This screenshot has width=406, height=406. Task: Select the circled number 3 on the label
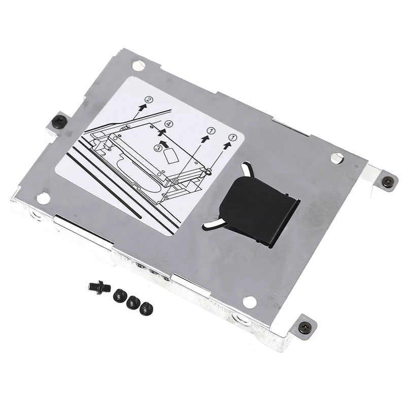point(158,148)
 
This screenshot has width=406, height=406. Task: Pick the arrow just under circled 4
point(162,132)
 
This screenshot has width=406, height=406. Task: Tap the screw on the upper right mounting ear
point(388,182)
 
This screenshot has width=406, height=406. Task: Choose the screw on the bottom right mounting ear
point(305,327)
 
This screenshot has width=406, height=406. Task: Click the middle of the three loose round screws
point(133,302)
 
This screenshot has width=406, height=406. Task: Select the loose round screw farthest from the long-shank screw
point(146,308)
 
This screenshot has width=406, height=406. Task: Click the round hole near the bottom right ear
point(250,302)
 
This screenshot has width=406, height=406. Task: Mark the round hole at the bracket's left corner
point(44,198)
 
